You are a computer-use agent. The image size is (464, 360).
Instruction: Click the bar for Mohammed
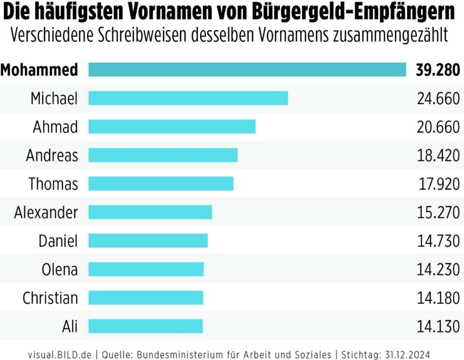pos(247,70)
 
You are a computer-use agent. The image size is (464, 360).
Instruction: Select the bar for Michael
pos(188,98)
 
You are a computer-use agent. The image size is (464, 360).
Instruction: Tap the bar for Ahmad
pos(172,127)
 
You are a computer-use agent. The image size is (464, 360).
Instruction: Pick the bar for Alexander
pos(150,212)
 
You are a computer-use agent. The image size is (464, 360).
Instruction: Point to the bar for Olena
pos(146,269)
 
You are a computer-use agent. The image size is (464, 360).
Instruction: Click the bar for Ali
pos(145,326)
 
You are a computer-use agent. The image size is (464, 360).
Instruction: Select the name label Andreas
pos(52,155)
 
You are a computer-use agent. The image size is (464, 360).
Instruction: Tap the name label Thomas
pos(53,184)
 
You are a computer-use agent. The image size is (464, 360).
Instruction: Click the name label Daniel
pos(58,241)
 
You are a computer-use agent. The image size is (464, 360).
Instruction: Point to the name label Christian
pos(50,298)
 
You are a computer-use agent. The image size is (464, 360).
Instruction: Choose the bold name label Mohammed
pos(39,70)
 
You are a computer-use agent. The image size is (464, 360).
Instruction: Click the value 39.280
pos(438,70)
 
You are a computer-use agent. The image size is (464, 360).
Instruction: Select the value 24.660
pos(438,98)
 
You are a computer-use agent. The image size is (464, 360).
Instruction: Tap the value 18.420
pos(438,155)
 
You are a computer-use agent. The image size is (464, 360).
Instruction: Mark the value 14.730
pos(438,241)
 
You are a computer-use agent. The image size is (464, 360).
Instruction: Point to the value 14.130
pos(438,326)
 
